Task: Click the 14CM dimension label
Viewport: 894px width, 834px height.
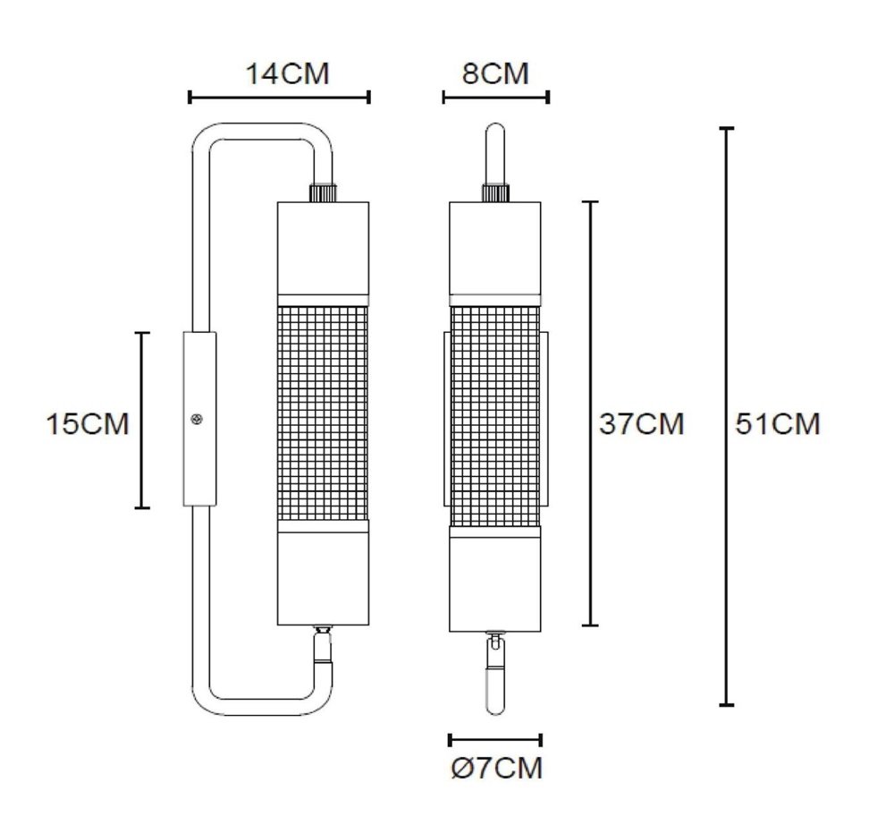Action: coord(288,73)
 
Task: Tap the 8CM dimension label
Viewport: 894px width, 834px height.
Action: coord(495,73)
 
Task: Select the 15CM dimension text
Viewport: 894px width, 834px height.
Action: coord(88,423)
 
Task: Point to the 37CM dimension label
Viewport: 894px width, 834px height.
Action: coord(641,423)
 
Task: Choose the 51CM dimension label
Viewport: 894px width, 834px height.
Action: coord(777,423)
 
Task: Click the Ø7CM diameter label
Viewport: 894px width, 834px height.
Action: coord(497,768)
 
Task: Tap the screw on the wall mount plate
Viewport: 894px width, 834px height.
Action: coord(197,418)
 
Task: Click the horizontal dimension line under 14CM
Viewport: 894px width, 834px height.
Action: coord(279,97)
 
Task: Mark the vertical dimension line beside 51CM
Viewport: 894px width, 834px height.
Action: coord(727,417)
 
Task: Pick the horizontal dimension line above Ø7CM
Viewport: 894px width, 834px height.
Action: coord(495,739)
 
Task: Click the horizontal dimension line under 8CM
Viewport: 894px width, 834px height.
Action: coord(495,97)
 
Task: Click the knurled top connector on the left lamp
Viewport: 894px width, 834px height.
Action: coord(323,191)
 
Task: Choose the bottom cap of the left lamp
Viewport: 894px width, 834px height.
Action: coord(324,578)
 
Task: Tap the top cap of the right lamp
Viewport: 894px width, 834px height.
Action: coord(495,247)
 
